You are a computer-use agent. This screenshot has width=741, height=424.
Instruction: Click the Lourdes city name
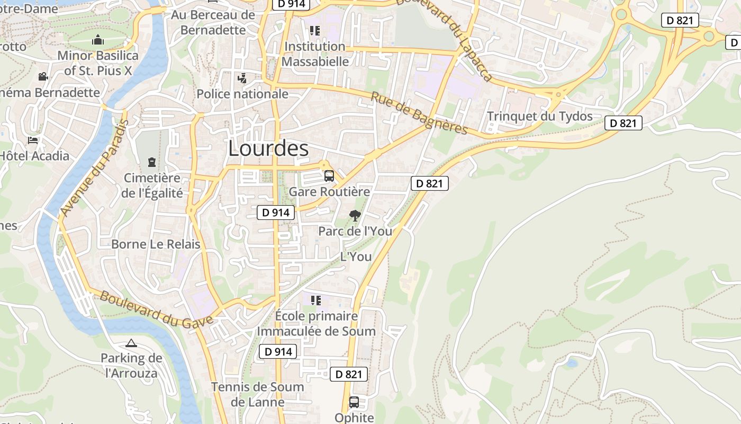click(x=268, y=148)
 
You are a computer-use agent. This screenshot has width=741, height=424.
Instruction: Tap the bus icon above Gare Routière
click(x=329, y=175)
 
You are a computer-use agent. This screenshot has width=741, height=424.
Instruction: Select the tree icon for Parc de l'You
click(x=355, y=215)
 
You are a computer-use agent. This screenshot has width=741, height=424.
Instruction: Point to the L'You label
click(x=356, y=257)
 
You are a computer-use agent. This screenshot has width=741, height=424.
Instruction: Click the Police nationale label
click(x=242, y=94)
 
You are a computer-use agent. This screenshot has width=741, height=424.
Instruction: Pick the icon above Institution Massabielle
click(x=315, y=31)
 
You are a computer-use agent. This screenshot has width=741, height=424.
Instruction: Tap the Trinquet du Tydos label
click(x=539, y=117)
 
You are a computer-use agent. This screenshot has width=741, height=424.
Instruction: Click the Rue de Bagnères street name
click(x=419, y=113)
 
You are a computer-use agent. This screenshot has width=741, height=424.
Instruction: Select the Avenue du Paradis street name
click(x=95, y=167)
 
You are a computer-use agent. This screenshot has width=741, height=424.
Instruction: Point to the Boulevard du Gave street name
click(x=157, y=308)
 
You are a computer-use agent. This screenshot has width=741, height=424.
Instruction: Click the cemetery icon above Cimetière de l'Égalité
click(x=152, y=162)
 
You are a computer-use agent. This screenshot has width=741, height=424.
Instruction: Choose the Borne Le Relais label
click(x=156, y=244)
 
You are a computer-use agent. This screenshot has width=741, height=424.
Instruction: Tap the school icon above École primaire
click(x=316, y=301)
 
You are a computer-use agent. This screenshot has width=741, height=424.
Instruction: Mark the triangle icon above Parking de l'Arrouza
click(x=131, y=343)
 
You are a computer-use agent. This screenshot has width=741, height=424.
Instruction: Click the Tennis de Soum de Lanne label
click(x=258, y=394)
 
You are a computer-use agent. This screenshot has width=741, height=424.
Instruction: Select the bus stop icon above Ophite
click(x=354, y=402)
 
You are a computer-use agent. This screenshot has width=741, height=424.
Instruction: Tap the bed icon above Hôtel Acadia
click(x=33, y=140)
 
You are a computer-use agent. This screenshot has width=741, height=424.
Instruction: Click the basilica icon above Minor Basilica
click(x=97, y=40)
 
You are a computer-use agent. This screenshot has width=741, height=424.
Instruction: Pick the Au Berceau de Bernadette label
click(x=213, y=22)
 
